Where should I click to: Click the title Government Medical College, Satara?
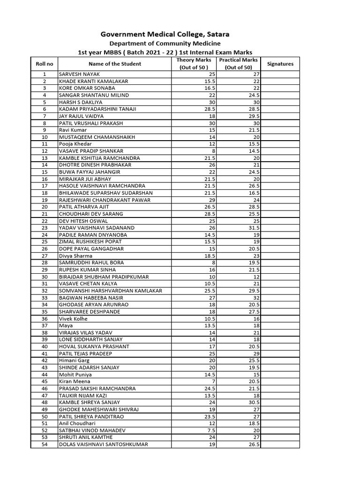pos(159,34)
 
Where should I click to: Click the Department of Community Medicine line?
pos(159,44)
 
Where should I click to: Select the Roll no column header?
pos(44,64)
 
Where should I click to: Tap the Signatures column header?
pos(280,64)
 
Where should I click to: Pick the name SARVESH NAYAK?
pos(80,75)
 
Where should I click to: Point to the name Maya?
pos(66,325)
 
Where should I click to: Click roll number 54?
pos(45,444)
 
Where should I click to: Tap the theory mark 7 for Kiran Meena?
pos(213,381)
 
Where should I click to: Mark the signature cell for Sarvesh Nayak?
pos(280,75)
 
